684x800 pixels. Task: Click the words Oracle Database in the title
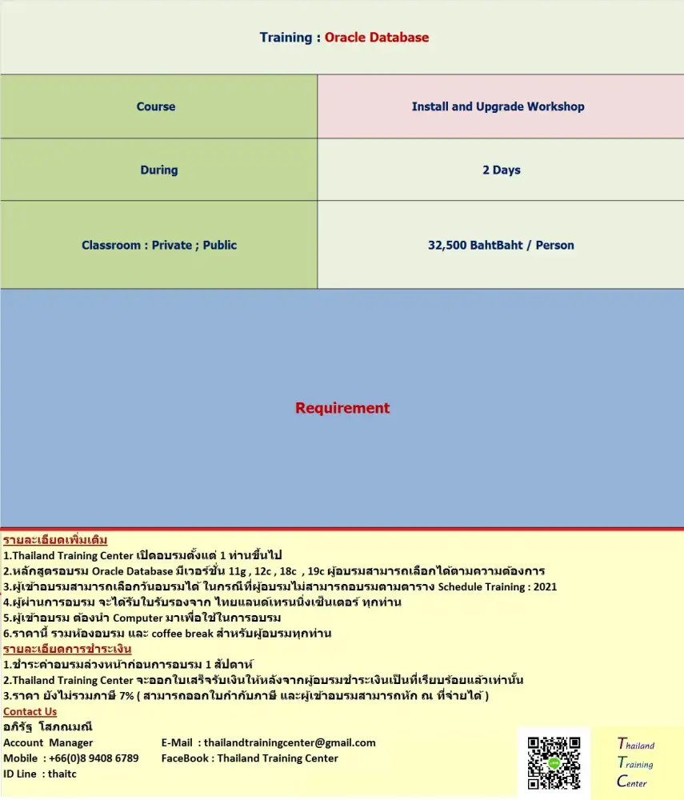pos(377,38)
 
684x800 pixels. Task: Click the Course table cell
pos(156,106)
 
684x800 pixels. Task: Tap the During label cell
pos(159,170)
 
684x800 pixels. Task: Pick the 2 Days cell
pos(502,170)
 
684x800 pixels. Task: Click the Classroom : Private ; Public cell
pos(159,245)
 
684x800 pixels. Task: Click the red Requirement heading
pos(342,408)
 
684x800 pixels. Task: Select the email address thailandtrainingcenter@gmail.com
pos(290,742)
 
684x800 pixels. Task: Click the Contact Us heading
pos(30,711)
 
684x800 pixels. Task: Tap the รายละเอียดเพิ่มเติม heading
pos(55,540)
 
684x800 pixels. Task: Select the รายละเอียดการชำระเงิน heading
pos(67,649)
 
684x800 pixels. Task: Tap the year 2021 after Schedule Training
pos(544,586)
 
